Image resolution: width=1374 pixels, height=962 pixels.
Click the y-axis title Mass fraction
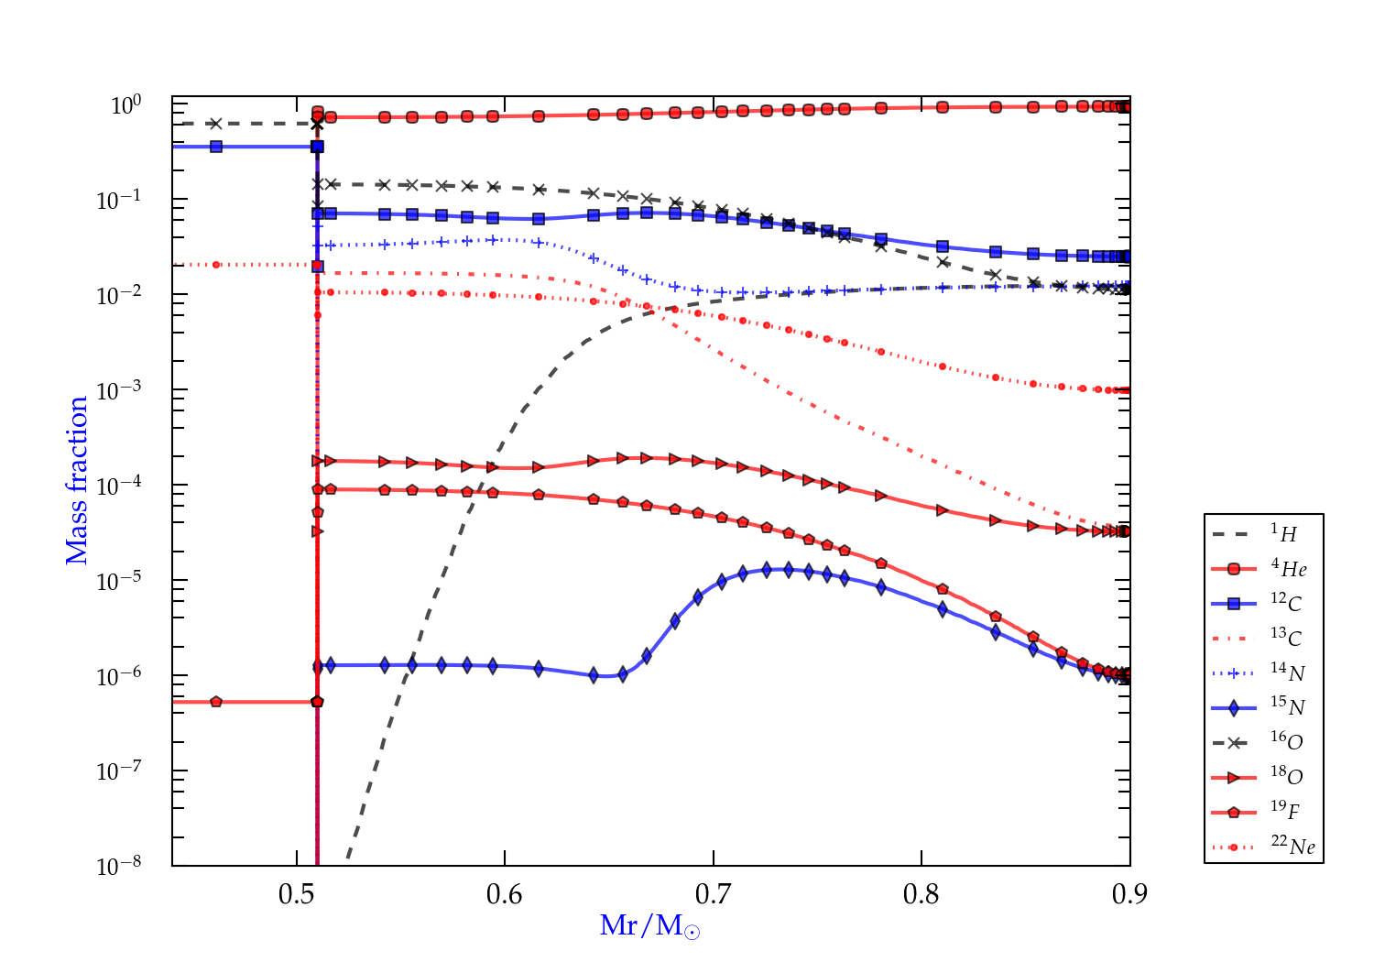pos(76,481)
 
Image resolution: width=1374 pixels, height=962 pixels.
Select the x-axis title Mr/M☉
pos(649,926)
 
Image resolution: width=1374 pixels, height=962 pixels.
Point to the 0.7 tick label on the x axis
pos(713,894)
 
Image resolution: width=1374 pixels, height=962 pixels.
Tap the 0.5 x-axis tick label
pos(297,894)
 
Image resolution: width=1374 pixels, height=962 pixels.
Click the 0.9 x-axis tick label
pos(1129,894)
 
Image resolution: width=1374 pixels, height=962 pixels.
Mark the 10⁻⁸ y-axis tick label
pos(119,865)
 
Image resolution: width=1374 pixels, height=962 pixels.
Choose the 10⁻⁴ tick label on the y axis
pos(119,485)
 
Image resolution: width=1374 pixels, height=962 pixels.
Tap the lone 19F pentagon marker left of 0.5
pos(216,702)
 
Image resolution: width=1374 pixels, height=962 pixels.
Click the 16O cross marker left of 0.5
pos(215,124)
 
